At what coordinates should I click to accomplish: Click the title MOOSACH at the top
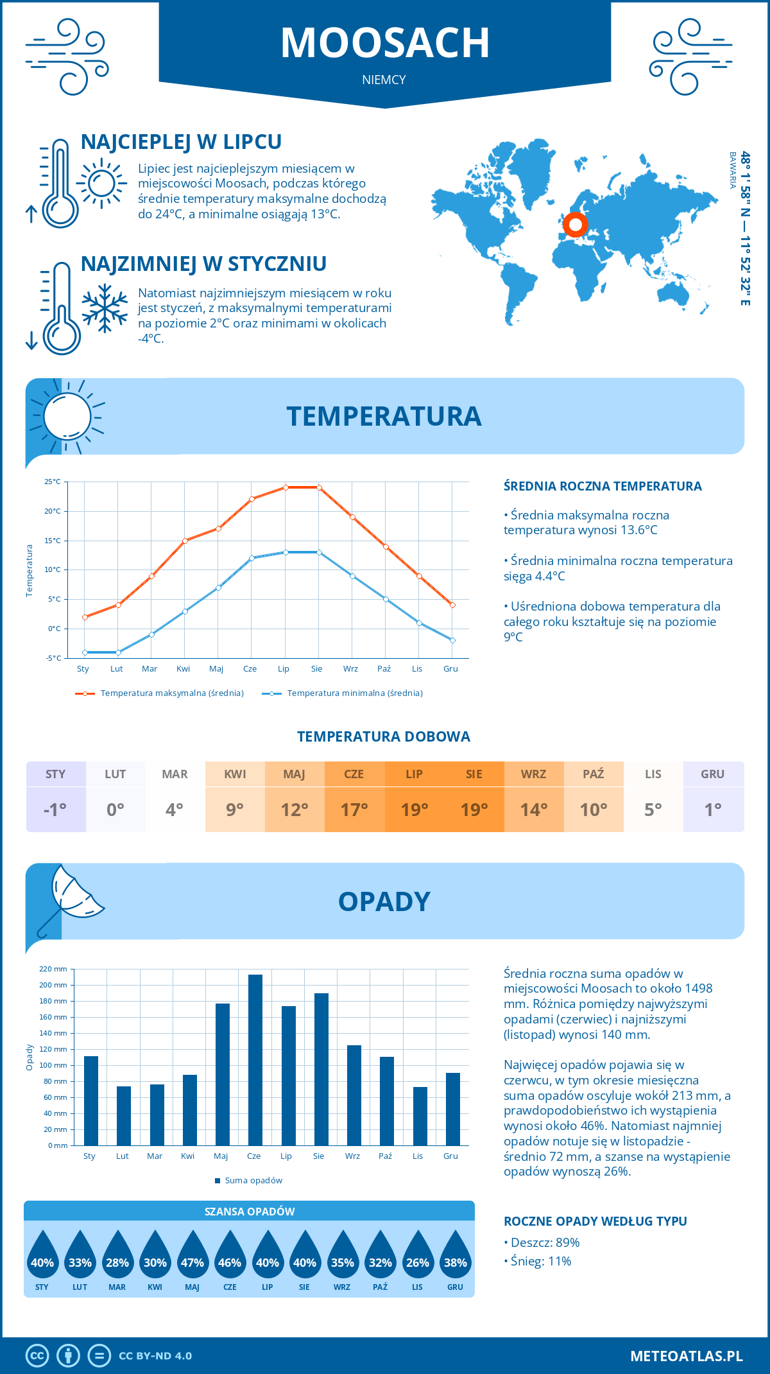pyautogui.click(x=385, y=43)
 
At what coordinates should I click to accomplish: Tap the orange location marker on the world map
pyautogui.click(x=576, y=225)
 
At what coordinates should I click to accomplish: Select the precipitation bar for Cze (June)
pyautogui.click(x=255, y=1059)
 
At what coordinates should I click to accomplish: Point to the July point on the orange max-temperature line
pyautogui.click(x=286, y=487)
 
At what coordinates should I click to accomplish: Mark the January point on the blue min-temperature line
pyautogui.click(x=85, y=652)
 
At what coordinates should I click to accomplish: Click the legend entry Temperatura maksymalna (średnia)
pyautogui.click(x=171, y=693)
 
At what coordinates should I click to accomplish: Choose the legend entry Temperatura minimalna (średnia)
pyautogui.click(x=354, y=693)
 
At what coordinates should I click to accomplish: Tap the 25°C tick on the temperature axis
pyautogui.click(x=53, y=482)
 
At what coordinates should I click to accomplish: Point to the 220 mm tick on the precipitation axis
pyautogui.click(x=53, y=969)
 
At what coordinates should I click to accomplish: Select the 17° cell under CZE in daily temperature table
pyautogui.click(x=354, y=810)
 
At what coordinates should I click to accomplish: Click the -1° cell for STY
pyautogui.click(x=56, y=810)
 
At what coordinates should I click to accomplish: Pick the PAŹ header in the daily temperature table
pyautogui.click(x=594, y=774)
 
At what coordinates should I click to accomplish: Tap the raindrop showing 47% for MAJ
pyautogui.click(x=193, y=1256)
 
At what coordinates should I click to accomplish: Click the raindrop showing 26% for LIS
pyautogui.click(x=418, y=1256)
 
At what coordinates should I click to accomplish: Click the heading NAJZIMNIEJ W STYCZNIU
pyautogui.click(x=203, y=264)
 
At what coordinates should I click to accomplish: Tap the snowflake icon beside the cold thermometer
pyautogui.click(x=105, y=308)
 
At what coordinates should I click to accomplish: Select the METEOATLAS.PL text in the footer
pyautogui.click(x=687, y=1356)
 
